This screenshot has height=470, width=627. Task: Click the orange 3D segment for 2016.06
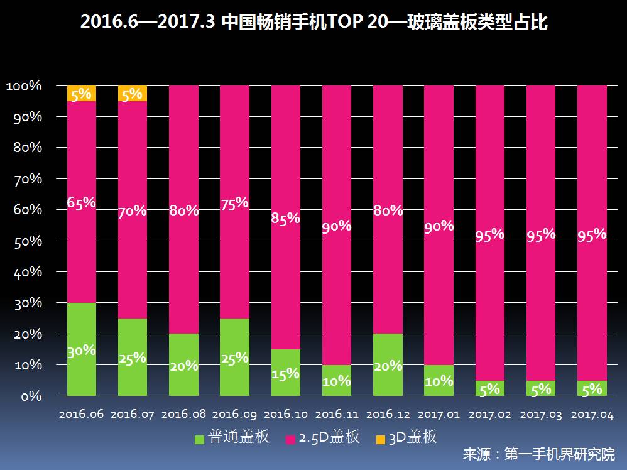click(82, 93)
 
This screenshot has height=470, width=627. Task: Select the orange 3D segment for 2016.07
click(133, 93)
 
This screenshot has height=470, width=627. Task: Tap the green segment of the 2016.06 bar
click(82, 349)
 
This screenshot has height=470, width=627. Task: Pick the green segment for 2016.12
click(388, 364)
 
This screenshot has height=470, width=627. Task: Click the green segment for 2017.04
click(592, 388)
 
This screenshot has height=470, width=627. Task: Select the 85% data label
click(285, 219)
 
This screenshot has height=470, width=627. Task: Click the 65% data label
click(82, 202)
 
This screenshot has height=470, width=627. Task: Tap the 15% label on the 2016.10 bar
click(285, 374)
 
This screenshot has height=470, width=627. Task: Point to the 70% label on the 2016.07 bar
click(133, 211)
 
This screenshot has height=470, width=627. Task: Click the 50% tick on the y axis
click(27, 241)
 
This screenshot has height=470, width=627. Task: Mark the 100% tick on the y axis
click(24, 86)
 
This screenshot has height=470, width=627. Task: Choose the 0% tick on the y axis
click(30, 396)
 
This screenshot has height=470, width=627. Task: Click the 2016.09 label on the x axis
click(234, 415)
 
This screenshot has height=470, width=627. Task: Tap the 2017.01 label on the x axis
click(439, 415)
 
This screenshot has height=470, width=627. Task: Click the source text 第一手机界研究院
click(560, 454)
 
